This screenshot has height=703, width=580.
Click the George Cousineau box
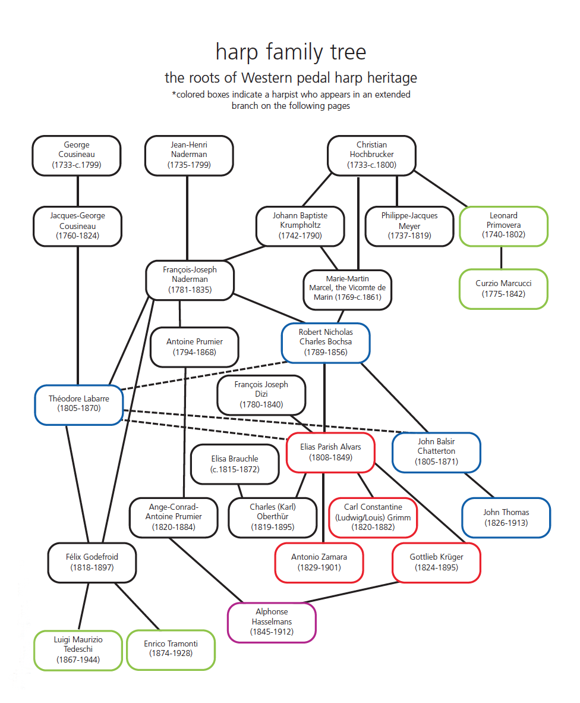[77, 155]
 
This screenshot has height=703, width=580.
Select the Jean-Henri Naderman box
[189, 155]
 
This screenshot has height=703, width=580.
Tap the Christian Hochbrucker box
[371, 155]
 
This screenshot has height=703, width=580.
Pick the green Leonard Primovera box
[503, 225]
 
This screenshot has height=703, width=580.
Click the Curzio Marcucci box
[503, 289]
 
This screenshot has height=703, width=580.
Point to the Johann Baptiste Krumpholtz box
[300, 226]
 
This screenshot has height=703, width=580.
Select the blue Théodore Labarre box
[79, 405]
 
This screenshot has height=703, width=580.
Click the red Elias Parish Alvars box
[330, 453]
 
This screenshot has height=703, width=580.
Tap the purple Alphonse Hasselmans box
[272, 622]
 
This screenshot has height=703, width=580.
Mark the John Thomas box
[506, 517]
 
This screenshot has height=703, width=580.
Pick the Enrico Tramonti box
[171, 649]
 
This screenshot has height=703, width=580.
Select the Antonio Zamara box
[319, 562]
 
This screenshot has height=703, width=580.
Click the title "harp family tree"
[291, 52]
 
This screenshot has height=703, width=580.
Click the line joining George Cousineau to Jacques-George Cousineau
[78, 191]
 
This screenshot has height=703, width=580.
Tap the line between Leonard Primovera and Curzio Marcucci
[502, 258]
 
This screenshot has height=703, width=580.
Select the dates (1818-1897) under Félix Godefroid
[92, 567]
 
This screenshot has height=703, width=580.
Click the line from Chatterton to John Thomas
[479, 485]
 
